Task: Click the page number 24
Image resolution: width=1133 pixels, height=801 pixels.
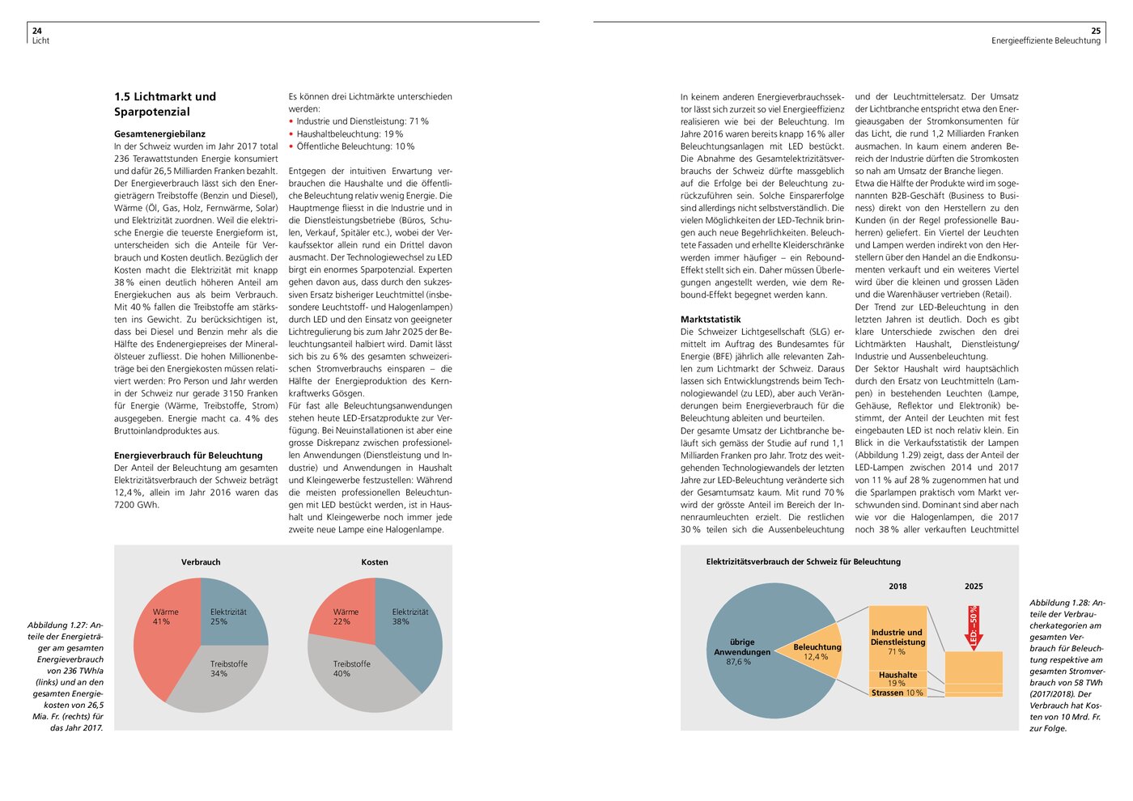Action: tap(36, 31)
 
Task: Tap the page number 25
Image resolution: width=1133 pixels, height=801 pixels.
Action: tap(1096, 31)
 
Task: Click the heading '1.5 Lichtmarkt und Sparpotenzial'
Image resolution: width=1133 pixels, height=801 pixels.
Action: tap(165, 104)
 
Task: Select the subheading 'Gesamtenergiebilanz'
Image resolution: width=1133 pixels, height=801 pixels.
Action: tap(159, 133)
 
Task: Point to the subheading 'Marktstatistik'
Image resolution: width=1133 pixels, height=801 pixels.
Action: tap(711, 320)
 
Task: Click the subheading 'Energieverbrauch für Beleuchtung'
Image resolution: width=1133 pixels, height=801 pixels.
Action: tap(188, 456)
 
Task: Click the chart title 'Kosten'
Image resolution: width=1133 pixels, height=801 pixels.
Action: tap(375, 562)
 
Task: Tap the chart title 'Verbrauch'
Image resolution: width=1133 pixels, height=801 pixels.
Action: tap(201, 562)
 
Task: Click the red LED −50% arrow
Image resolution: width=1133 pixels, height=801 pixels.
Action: tap(974, 628)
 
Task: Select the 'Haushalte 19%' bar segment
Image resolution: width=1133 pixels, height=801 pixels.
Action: tap(897, 678)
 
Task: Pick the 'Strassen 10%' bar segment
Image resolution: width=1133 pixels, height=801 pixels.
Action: tap(897, 693)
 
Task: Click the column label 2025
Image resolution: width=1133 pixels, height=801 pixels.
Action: tap(974, 586)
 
